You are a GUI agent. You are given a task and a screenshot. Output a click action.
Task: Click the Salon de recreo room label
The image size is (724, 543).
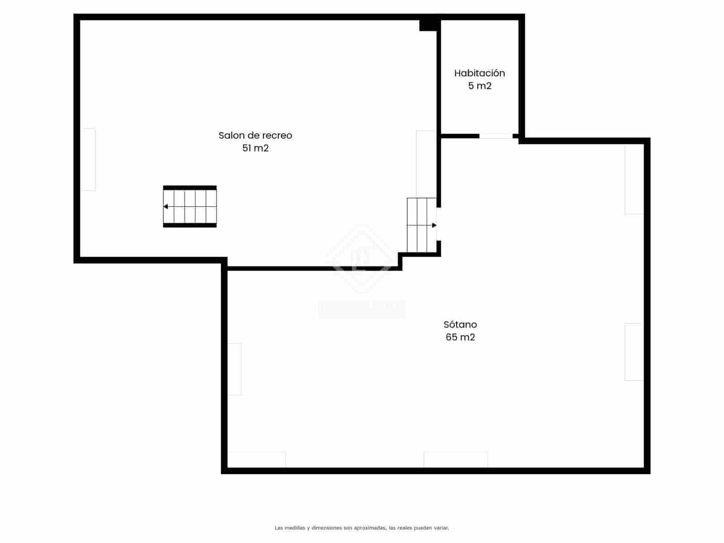coord(255,135)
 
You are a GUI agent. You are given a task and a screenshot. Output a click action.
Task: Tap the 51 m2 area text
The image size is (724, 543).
coord(255,148)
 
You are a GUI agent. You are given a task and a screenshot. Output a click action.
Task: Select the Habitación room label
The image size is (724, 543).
coord(479,73)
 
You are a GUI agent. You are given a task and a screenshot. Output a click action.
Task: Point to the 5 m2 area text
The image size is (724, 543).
coord(480,86)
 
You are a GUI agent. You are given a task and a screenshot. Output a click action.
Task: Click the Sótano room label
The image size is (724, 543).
coord(460,324)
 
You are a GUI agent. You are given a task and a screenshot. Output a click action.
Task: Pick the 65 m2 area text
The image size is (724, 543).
coord(460,337)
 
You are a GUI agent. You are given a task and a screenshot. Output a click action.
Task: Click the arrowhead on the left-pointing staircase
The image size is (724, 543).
coord(166,206)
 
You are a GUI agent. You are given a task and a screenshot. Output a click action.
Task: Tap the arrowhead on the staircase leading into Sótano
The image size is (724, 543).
coord(434,225)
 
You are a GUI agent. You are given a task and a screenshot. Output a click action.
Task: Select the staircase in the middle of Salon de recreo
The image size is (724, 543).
coord(190,206)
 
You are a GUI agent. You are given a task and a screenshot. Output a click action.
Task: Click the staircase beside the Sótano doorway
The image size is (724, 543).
coord(421,225)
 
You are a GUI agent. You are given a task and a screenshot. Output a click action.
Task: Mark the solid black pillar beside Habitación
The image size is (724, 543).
coord(428,25)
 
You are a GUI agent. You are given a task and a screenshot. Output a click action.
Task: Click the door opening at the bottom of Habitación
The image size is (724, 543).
coord(496,136)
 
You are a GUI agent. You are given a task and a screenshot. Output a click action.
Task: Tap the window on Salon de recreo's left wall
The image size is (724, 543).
coord(88,159)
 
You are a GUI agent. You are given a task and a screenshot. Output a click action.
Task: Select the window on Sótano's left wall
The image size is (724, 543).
coord(234,369)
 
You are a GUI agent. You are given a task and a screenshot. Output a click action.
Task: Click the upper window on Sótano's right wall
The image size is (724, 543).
coord(634,179)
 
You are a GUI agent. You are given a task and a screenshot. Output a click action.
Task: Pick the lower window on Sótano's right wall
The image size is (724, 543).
coord(634,352)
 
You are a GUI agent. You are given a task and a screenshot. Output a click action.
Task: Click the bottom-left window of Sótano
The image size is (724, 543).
coord(257,459)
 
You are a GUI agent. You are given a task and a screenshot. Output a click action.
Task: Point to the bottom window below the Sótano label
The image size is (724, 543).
coord(456,459)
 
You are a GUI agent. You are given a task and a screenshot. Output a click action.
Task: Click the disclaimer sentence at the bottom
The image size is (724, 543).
coord(362,528)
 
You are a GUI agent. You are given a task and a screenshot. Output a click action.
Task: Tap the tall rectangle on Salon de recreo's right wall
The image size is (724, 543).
coord(426,164)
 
